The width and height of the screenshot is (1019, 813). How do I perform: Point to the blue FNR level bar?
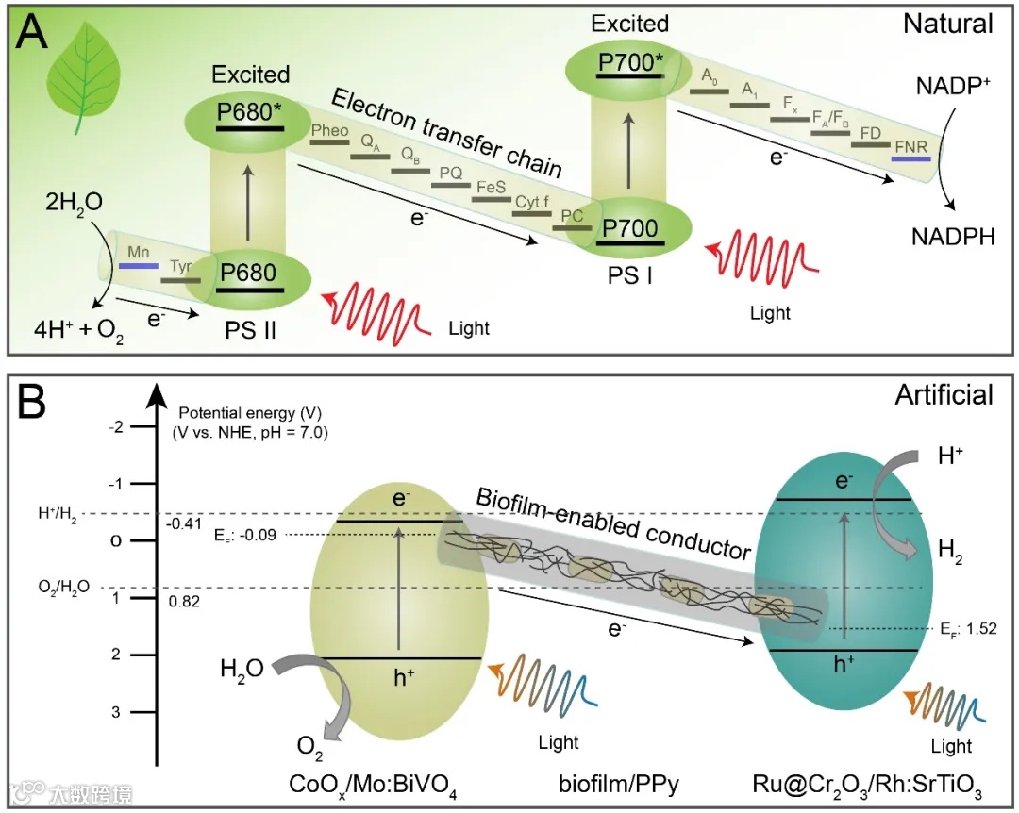(910, 158)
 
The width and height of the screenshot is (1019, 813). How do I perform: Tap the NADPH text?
(953, 237)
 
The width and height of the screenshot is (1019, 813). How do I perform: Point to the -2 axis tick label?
(118, 427)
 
